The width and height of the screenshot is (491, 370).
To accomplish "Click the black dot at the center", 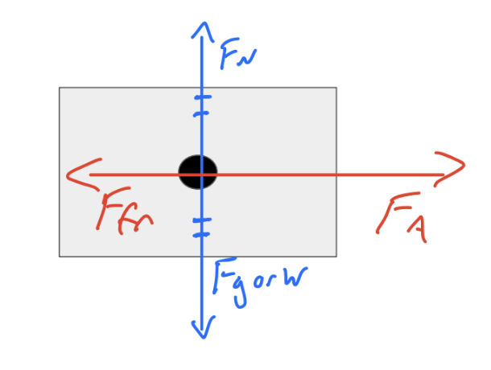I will [198, 171].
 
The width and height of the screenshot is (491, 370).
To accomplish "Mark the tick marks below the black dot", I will [201, 227].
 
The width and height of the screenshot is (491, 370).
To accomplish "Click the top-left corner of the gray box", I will [60, 88].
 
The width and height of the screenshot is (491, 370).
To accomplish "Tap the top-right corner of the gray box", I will [336, 88].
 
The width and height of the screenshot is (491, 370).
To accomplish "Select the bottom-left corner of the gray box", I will [60, 257].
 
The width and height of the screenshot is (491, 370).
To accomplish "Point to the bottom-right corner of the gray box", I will [336, 257].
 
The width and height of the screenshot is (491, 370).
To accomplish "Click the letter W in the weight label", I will [289, 279].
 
